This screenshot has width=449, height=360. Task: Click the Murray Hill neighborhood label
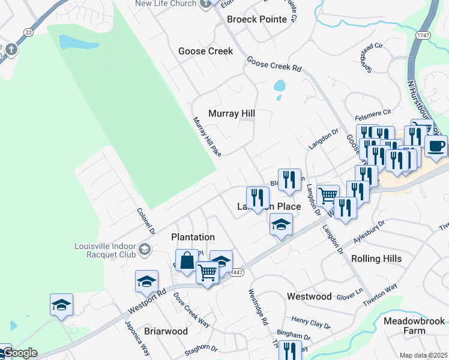click(x=232, y=113)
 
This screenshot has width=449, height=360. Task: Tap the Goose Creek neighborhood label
click(x=205, y=51)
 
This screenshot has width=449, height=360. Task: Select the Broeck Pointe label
click(x=257, y=19)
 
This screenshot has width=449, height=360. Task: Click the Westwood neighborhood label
click(x=309, y=296)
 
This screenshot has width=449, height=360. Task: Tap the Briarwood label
click(x=166, y=331)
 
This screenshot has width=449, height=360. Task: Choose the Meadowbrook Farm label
click(x=412, y=326)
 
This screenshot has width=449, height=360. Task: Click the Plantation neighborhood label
click(x=193, y=237)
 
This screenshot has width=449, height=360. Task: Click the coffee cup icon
click(x=436, y=145)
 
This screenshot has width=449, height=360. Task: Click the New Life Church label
click(x=166, y=4)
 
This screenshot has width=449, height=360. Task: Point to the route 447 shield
click(x=236, y=272)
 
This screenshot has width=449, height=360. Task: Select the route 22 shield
click(x=28, y=31)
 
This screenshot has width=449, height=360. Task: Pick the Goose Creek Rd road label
click(x=274, y=64)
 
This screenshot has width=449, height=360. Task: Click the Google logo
click(x=19, y=353)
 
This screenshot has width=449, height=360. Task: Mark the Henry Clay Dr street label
click(x=311, y=323)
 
